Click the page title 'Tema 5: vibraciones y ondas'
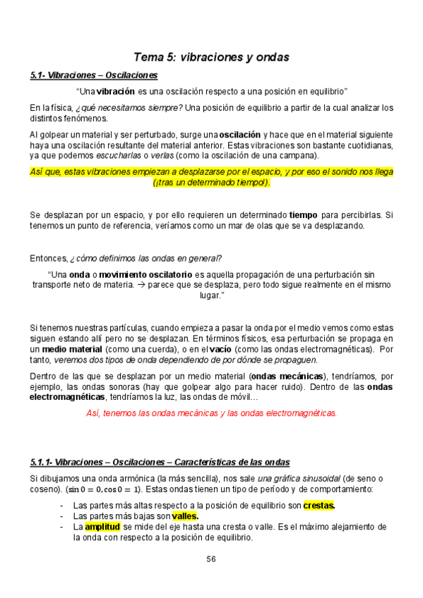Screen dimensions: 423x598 click(211, 57)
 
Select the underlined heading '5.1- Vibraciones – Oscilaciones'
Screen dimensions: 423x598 click(94, 75)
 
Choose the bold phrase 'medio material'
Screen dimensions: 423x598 click(72, 348)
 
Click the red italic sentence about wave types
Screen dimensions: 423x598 click(211, 413)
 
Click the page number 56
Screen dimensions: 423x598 click(211, 559)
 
